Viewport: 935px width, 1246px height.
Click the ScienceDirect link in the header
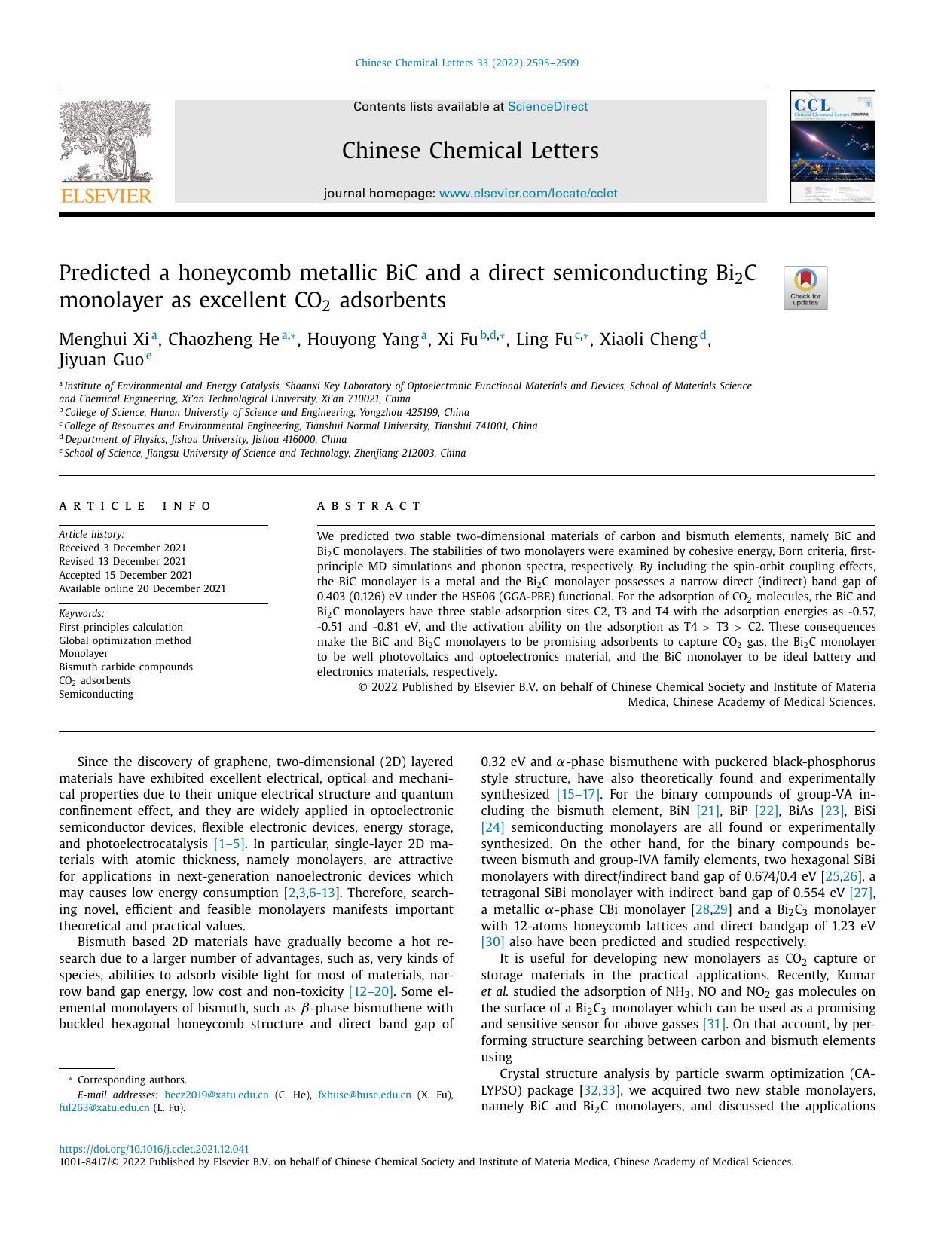point(548,107)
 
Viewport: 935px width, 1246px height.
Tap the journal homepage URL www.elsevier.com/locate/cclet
point(527,194)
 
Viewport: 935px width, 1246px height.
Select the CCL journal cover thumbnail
point(832,147)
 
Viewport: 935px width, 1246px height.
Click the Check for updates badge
point(805,288)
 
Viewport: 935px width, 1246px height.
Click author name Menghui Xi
point(104,340)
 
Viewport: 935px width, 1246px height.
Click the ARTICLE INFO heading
point(136,506)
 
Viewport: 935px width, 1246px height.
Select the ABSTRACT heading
point(369,506)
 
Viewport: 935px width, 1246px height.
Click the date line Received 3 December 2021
point(122,548)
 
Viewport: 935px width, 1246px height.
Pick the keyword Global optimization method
point(125,640)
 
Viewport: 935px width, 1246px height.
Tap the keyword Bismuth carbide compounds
point(126,667)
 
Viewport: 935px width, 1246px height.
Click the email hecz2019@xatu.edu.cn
point(216,1095)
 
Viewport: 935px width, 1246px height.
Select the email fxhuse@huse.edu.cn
point(365,1095)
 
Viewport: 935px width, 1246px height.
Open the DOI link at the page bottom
point(154,1150)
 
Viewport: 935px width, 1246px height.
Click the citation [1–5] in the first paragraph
point(229,844)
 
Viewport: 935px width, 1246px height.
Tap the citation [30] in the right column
point(493,942)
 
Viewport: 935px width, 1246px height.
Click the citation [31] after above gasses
point(713,1025)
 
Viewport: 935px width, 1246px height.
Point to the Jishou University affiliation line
point(205,440)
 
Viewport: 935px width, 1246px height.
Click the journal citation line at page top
point(466,63)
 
